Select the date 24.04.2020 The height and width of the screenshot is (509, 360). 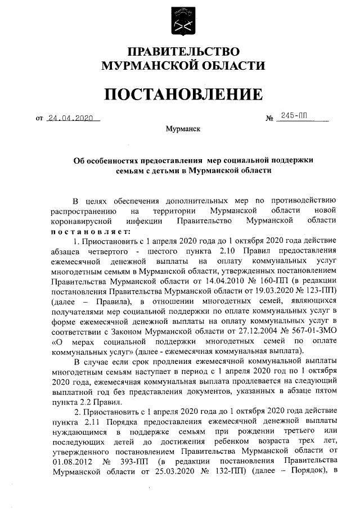point(71,118)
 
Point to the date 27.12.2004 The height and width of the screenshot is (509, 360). point(232,332)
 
